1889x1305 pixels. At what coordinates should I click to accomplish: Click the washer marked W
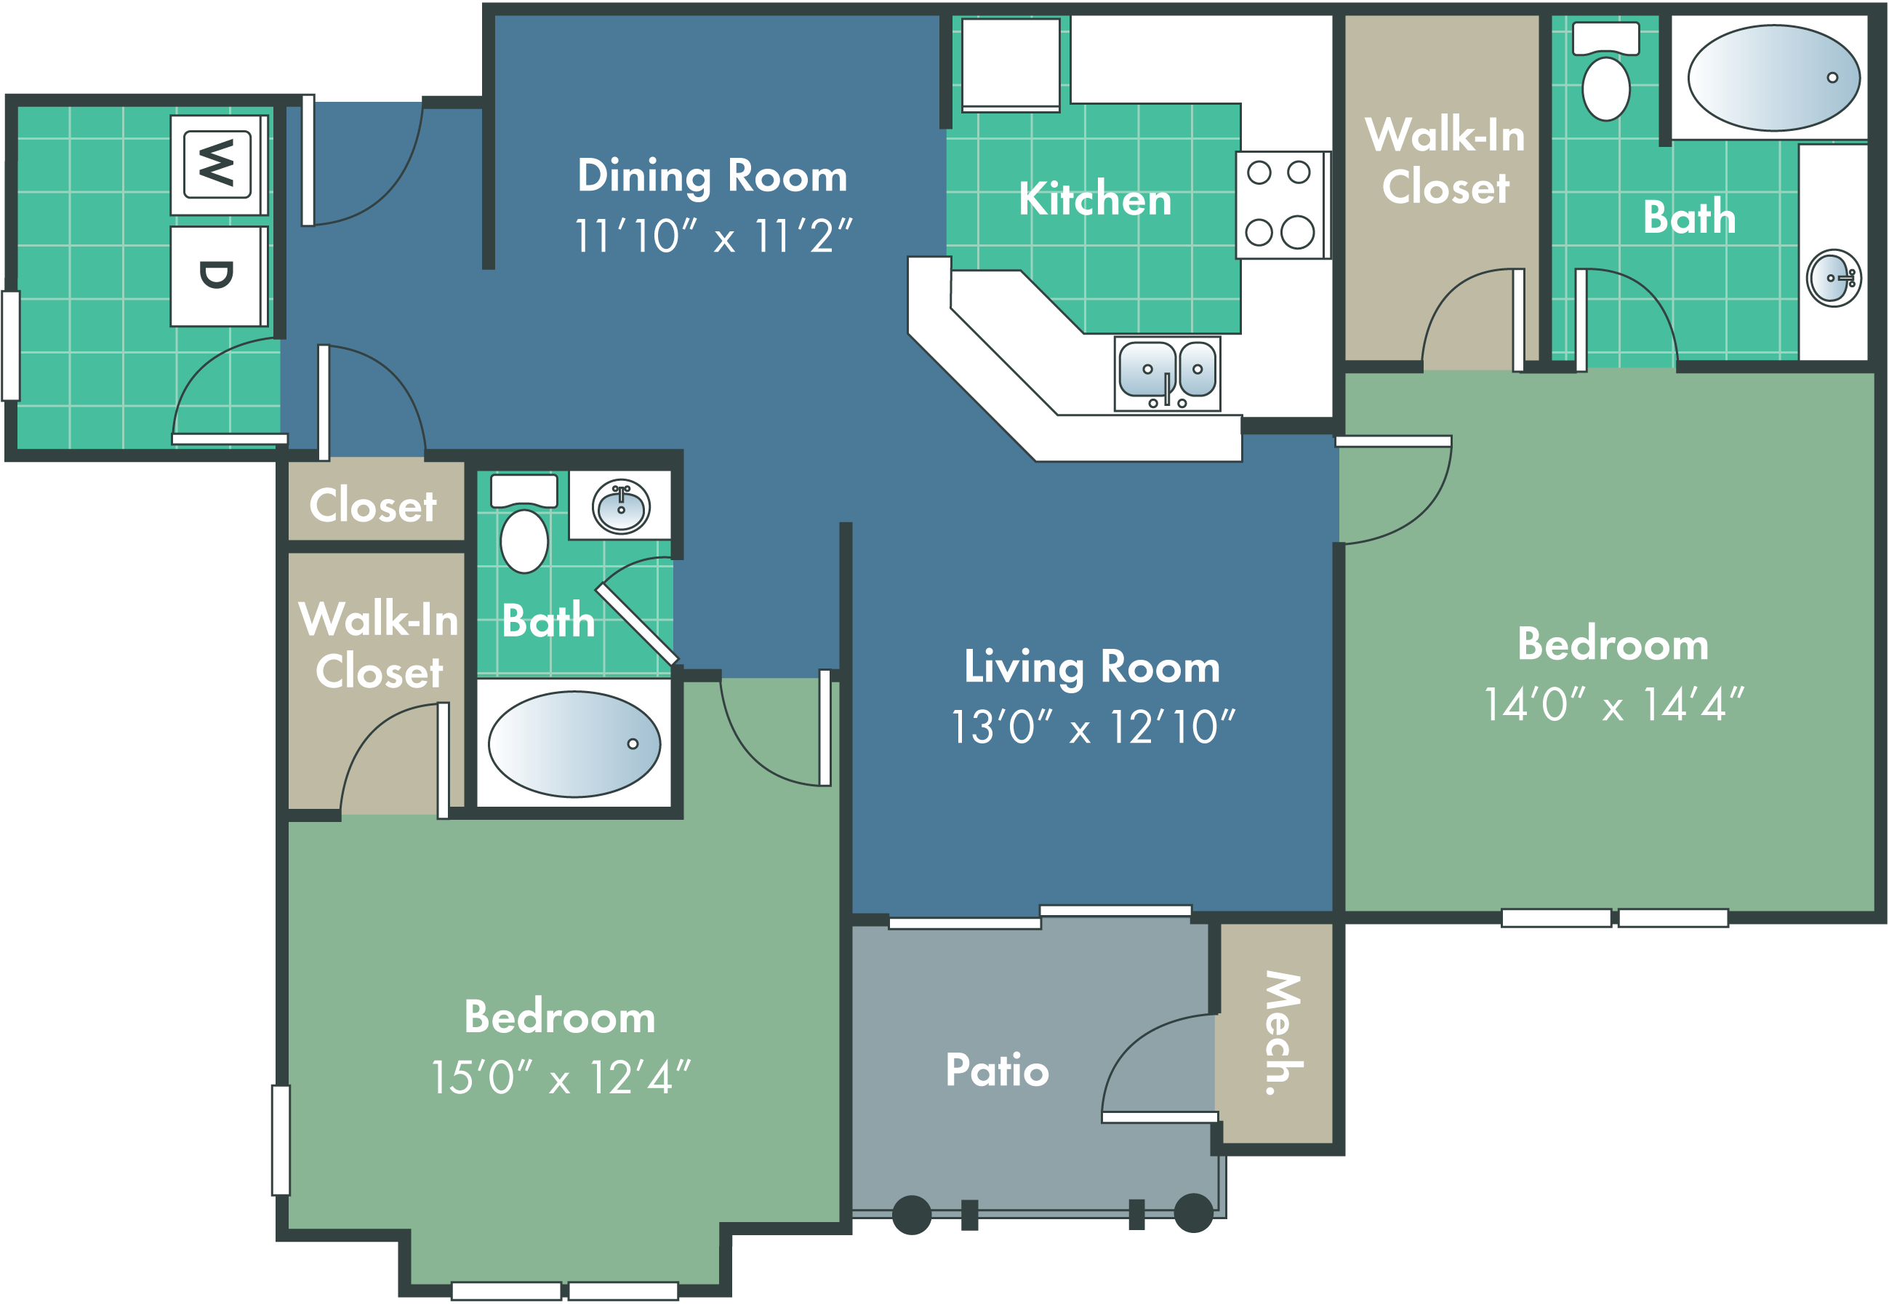(219, 164)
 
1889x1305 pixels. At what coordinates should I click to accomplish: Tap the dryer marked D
(219, 276)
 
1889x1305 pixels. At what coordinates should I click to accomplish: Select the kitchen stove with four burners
(1283, 204)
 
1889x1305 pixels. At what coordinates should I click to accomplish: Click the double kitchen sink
(1167, 374)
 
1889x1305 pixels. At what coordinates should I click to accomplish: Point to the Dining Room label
(712, 176)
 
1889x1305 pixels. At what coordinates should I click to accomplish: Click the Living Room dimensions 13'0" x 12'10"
(1092, 726)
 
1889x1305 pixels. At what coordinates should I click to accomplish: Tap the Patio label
(998, 1069)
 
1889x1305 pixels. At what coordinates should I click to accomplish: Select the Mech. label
(1283, 1032)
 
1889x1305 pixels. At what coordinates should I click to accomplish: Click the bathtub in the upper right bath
(1773, 78)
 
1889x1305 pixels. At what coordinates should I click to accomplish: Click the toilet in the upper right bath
(1606, 71)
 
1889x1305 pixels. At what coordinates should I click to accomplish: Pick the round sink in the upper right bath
(1834, 278)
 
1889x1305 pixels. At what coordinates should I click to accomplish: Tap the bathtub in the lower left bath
(574, 744)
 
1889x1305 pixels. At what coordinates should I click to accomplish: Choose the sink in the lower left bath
(621, 507)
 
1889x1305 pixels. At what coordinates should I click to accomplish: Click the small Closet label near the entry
(373, 506)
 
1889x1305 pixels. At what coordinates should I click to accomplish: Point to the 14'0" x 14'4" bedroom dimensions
(1613, 704)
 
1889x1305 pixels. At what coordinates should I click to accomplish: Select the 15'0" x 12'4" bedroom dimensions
(560, 1077)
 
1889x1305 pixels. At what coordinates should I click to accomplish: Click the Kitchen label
(1095, 199)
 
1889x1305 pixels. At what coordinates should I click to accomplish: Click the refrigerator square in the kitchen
(1011, 65)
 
